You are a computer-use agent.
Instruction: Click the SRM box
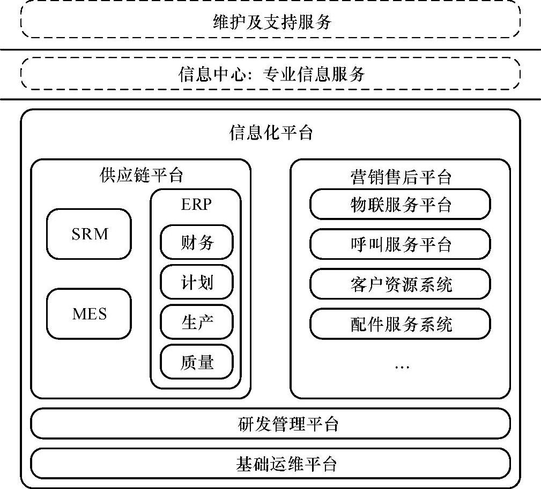click(89, 234)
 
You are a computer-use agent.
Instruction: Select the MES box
click(89, 313)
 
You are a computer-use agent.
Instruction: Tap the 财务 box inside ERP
click(197, 243)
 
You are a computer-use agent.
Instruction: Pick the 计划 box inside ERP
click(197, 282)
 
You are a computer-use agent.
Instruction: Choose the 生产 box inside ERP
click(197, 323)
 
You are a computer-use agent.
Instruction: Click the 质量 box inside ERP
click(197, 362)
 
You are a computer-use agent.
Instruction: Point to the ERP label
click(196, 205)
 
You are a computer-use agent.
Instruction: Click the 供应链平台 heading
click(141, 175)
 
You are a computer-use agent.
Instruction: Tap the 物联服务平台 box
click(401, 205)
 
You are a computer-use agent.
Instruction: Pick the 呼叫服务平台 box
click(401, 244)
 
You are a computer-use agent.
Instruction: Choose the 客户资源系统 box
click(401, 284)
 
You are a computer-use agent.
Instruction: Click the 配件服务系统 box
click(401, 324)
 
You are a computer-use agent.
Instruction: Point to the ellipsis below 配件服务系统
click(402, 367)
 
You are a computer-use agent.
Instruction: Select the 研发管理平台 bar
click(271, 424)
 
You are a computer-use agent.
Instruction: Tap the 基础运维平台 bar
click(271, 463)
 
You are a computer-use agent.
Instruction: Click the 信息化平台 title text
click(271, 133)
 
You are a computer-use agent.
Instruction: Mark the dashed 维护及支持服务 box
click(271, 23)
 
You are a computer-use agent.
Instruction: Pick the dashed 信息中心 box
click(271, 74)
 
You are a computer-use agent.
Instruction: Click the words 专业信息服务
click(314, 74)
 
